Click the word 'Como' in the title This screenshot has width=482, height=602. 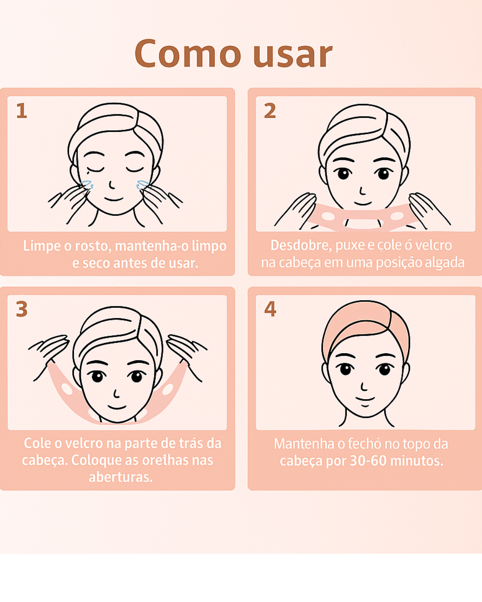(187, 54)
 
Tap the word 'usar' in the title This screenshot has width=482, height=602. (292, 55)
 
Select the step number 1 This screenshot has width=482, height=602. (21, 111)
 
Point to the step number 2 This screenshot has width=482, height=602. (270, 111)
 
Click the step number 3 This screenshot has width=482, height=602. (21, 309)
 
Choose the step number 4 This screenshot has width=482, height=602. (270, 309)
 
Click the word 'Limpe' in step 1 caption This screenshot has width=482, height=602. (42, 246)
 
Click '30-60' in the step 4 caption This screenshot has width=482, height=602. (368, 461)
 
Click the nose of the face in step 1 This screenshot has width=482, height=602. (111, 184)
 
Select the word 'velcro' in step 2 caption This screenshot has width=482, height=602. (433, 245)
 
